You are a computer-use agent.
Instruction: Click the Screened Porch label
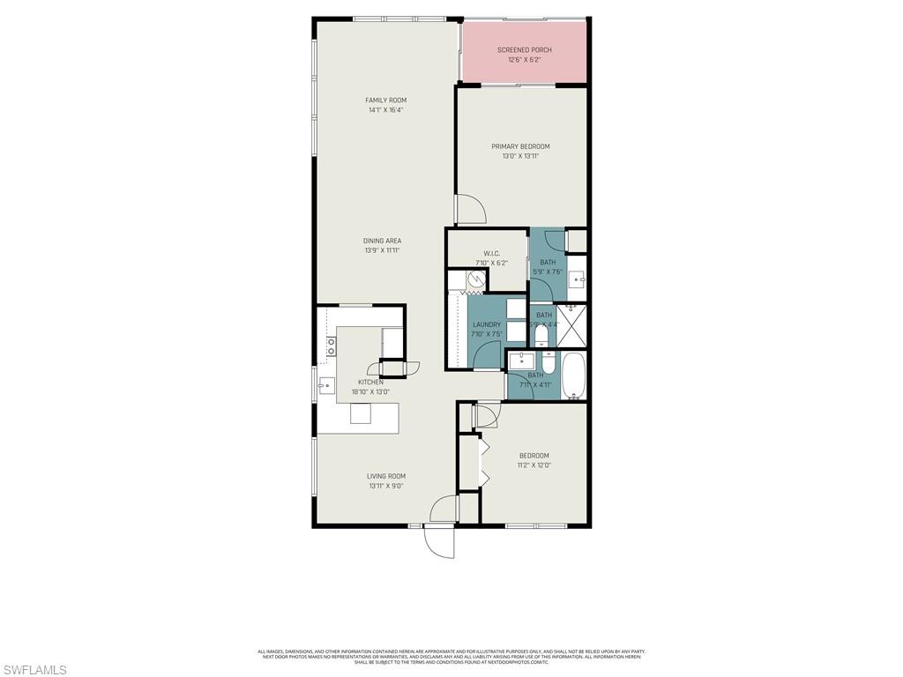524,50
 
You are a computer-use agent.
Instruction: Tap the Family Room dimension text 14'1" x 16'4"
385,110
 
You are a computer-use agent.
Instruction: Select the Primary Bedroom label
520,146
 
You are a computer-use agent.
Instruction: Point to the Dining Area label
383,241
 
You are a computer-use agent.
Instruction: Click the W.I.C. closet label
492,254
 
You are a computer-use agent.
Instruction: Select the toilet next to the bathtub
548,364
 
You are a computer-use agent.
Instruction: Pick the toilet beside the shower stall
541,335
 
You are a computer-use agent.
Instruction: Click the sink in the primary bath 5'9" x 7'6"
578,280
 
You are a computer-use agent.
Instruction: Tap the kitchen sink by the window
325,384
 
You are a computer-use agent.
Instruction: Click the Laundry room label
486,324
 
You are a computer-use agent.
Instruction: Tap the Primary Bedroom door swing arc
472,208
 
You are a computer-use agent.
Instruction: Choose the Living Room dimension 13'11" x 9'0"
387,486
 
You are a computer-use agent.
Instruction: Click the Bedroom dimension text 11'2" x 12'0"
533,465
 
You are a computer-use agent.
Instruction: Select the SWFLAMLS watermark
34,670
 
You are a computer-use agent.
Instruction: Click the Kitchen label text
370,382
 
